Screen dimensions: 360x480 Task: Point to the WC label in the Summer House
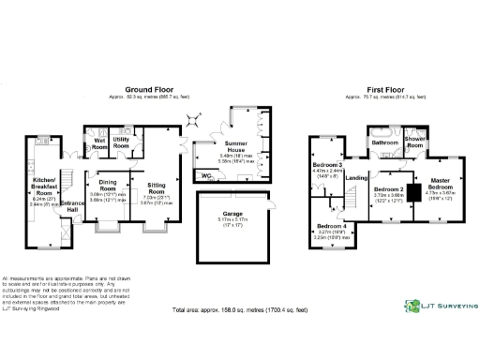pos(206,174)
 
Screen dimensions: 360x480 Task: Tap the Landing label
pos(356,178)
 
